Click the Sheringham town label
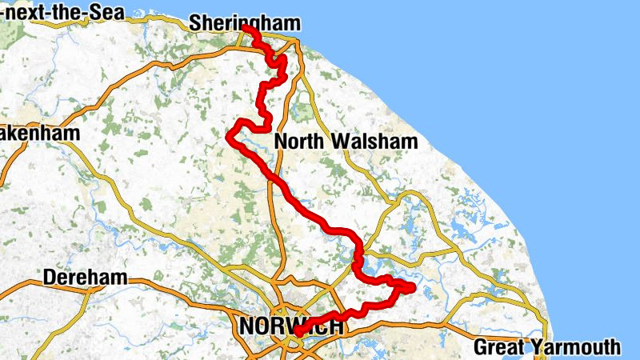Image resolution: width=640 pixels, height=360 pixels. coord(244,23)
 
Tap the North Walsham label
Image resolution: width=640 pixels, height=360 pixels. coord(346,142)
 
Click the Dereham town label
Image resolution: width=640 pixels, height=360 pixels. coord(85,278)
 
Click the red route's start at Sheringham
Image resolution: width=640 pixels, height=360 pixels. coord(244,29)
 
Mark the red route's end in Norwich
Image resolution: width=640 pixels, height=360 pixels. coord(297,331)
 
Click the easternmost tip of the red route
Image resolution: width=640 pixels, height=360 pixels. coord(413,287)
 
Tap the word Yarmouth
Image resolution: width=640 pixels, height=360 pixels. coord(581,347)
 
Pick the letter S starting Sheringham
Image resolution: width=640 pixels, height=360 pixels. coord(195,23)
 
